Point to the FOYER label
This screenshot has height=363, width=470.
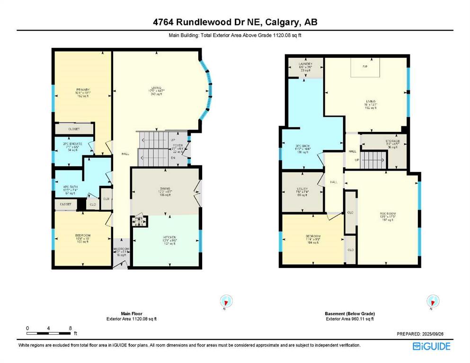177,146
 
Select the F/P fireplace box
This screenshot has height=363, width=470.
365,67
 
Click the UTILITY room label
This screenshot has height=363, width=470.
302,189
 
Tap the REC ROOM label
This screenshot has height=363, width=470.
388,213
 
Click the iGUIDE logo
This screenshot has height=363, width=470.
431,346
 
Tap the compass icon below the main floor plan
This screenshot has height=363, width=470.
226,301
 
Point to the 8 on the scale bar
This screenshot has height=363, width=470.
70,328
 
